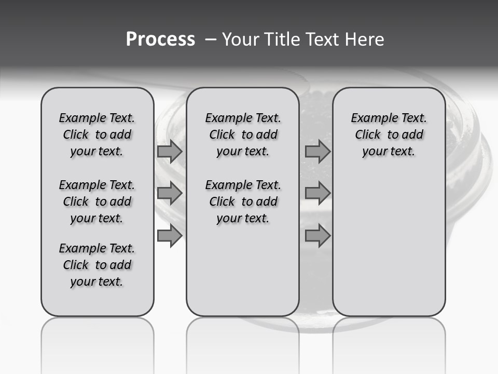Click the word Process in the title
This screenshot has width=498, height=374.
click(x=160, y=39)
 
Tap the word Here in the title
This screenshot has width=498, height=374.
click(x=365, y=39)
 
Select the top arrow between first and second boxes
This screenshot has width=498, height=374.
click(x=170, y=152)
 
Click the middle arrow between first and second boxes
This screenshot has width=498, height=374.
click(x=170, y=194)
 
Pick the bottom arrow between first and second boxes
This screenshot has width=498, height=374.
click(x=170, y=236)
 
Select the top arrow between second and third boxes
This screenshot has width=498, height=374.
click(x=317, y=152)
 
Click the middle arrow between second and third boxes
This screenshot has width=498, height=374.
click(x=317, y=194)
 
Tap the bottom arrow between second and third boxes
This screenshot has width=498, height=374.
click(x=317, y=236)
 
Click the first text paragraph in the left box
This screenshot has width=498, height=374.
click(x=97, y=135)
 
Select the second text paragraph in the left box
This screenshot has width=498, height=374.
click(x=97, y=202)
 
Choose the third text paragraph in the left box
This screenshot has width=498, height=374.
click(x=97, y=265)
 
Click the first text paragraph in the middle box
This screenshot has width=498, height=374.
click(x=243, y=135)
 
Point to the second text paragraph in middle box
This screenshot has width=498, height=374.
click(x=243, y=202)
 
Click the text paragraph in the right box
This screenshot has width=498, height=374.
click(x=389, y=135)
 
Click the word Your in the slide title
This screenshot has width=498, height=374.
click(x=238, y=39)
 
